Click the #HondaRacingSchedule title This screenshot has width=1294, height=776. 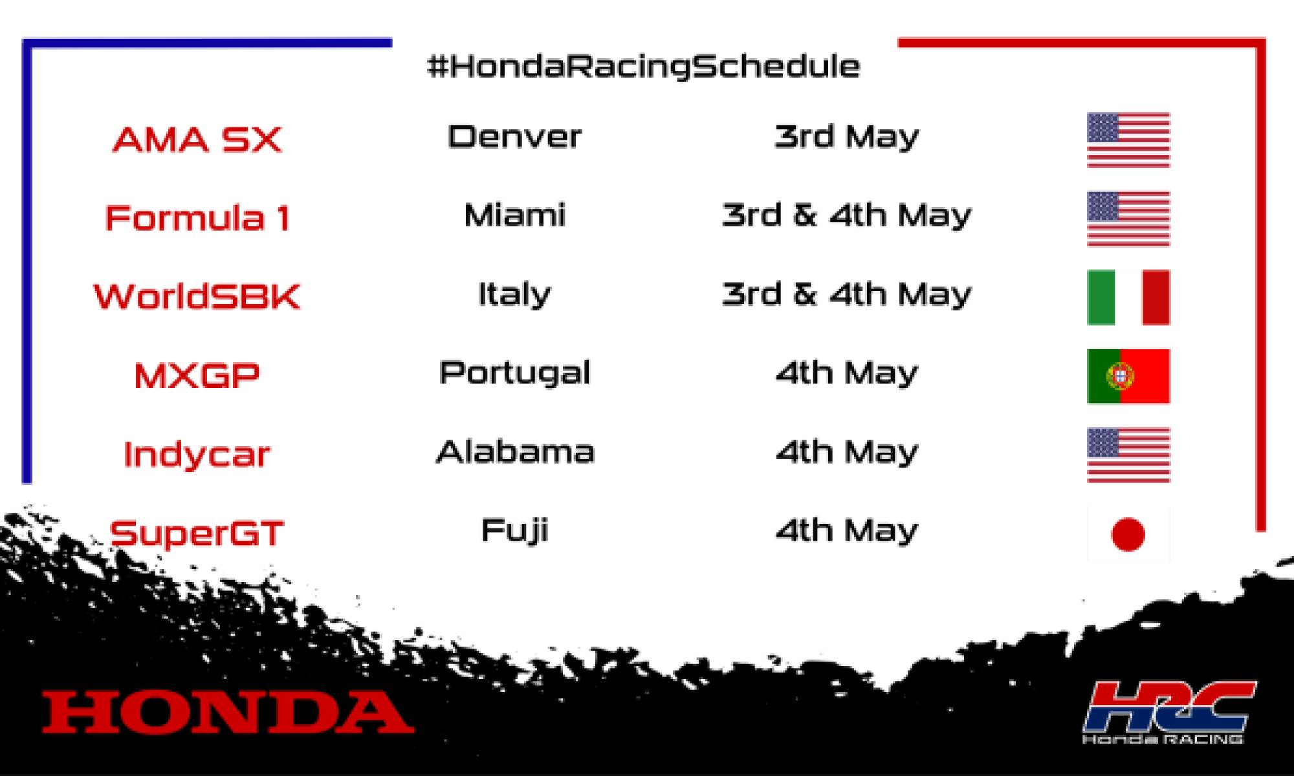pyautogui.click(x=644, y=67)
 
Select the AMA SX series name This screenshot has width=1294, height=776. pyautogui.click(x=197, y=140)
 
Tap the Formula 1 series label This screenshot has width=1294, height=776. pyautogui.click(x=197, y=218)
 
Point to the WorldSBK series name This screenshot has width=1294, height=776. pyautogui.click(x=197, y=297)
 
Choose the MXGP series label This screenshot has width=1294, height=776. pyautogui.click(x=197, y=376)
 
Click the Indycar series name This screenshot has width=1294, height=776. pyautogui.click(x=197, y=454)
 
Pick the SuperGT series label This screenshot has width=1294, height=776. pyautogui.click(x=197, y=533)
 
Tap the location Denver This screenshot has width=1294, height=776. pyautogui.click(x=514, y=136)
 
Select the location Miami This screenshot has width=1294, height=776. pyautogui.click(x=515, y=215)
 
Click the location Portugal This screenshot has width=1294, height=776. pyautogui.click(x=515, y=373)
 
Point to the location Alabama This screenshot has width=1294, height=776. pyautogui.click(x=515, y=451)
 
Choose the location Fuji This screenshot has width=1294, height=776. pyautogui.click(x=515, y=531)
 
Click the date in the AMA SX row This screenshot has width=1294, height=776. pyautogui.click(x=846, y=136)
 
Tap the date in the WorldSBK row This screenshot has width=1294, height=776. pyautogui.click(x=846, y=294)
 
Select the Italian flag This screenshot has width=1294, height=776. pyautogui.click(x=1128, y=297)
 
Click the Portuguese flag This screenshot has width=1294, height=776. pyautogui.click(x=1128, y=376)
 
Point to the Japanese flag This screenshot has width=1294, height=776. pyautogui.click(x=1128, y=534)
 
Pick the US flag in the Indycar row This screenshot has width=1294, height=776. pyautogui.click(x=1128, y=455)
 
